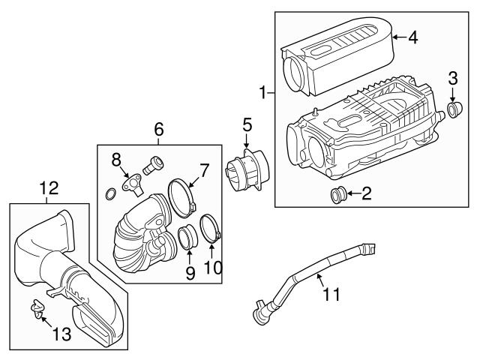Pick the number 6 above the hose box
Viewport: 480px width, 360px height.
pos(159,129)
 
